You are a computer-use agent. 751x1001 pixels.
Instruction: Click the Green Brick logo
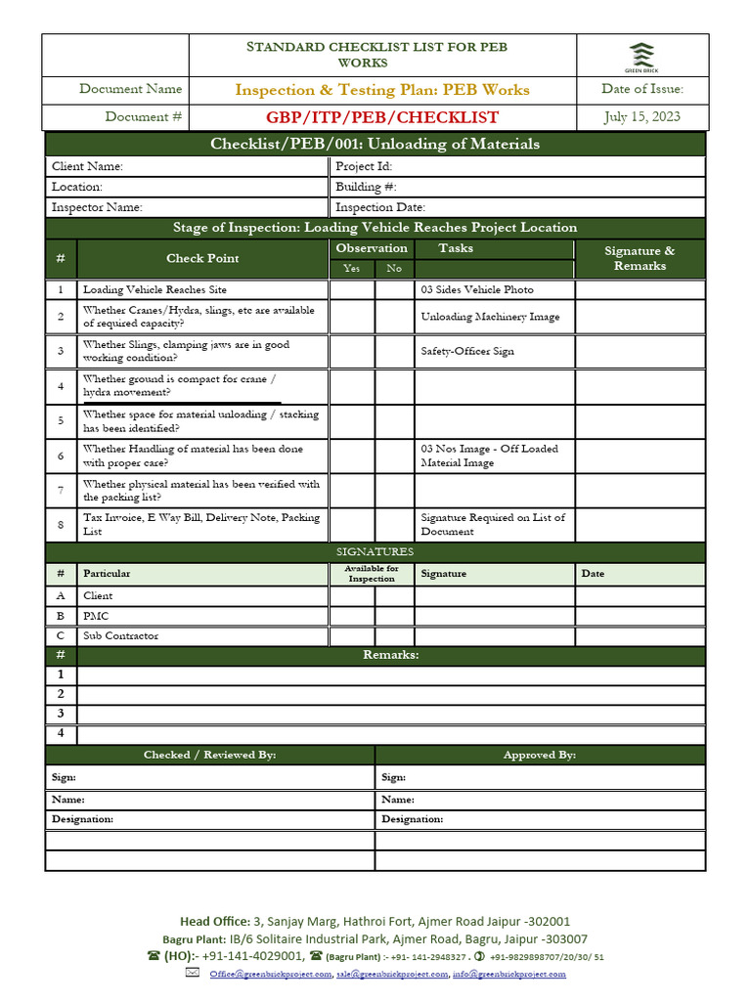click(x=641, y=56)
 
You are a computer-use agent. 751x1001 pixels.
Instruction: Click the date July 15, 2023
click(x=641, y=117)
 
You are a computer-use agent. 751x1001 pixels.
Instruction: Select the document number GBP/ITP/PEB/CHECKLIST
click(x=382, y=117)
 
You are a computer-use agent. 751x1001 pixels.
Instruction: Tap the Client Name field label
click(x=87, y=167)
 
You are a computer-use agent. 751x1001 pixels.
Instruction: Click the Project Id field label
click(x=364, y=167)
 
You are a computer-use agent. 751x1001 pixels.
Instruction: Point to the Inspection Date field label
click(x=380, y=207)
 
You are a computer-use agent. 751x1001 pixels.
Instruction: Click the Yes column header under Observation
click(x=352, y=269)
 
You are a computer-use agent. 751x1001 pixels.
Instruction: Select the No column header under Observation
click(x=394, y=269)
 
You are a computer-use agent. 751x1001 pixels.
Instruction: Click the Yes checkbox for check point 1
click(x=352, y=290)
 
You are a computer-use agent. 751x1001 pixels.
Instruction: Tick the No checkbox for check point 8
click(x=394, y=525)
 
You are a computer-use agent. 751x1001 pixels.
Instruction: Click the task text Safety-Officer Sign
click(x=467, y=351)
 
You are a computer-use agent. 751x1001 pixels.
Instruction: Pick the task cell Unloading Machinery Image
click(x=491, y=317)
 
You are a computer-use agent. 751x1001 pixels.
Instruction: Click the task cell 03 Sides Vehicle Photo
click(x=477, y=290)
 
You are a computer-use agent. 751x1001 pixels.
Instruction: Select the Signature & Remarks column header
click(x=640, y=258)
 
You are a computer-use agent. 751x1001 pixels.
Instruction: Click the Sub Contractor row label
click(x=120, y=636)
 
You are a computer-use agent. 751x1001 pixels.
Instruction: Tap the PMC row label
click(x=96, y=616)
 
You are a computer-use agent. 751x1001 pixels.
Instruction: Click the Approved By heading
click(x=539, y=755)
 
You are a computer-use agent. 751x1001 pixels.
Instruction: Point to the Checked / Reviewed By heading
click(x=209, y=755)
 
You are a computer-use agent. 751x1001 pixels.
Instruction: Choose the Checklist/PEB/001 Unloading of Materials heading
click(x=375, y=145)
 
